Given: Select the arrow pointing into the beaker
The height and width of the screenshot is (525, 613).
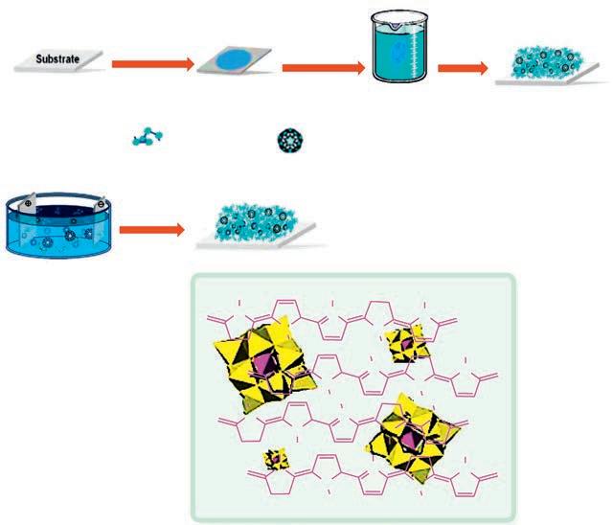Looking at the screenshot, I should point(322,67).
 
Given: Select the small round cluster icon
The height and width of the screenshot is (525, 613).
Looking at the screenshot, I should point(288,141).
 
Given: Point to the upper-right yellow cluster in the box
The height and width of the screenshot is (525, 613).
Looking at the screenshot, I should point(406,343).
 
